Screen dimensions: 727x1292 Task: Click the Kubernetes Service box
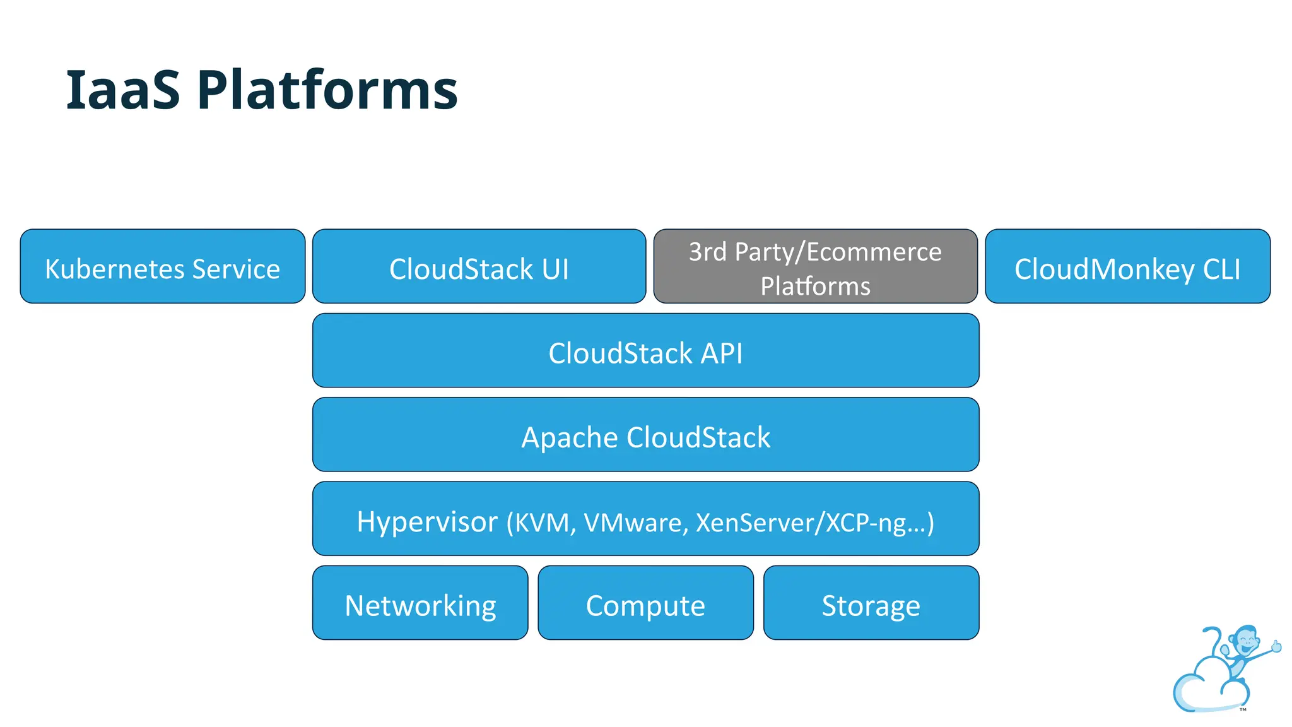coord(162,266)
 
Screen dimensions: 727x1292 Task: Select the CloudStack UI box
coord(479,266)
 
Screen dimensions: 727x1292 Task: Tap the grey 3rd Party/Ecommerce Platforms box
coord(815,266)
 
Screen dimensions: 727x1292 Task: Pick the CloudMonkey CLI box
coord(1127,266)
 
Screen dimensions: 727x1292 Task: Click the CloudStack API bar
coord(645,351)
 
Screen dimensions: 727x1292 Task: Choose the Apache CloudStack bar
coord(645,435)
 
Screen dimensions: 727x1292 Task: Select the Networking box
coord(420,603)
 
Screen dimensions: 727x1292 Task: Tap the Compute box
coord(645,603)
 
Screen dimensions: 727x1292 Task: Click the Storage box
coord(871,603)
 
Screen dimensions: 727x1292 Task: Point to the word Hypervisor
coord(427,522)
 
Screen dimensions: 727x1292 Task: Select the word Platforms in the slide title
coord(327,90)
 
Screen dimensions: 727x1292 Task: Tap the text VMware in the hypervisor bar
coord(635,523)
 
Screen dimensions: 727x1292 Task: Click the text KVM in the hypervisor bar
coord(541,523)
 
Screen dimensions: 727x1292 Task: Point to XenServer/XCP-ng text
coord(801,523)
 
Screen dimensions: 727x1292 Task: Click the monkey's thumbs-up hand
coord(1276,646)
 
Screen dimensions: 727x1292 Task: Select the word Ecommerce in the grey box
coord(874,252)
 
